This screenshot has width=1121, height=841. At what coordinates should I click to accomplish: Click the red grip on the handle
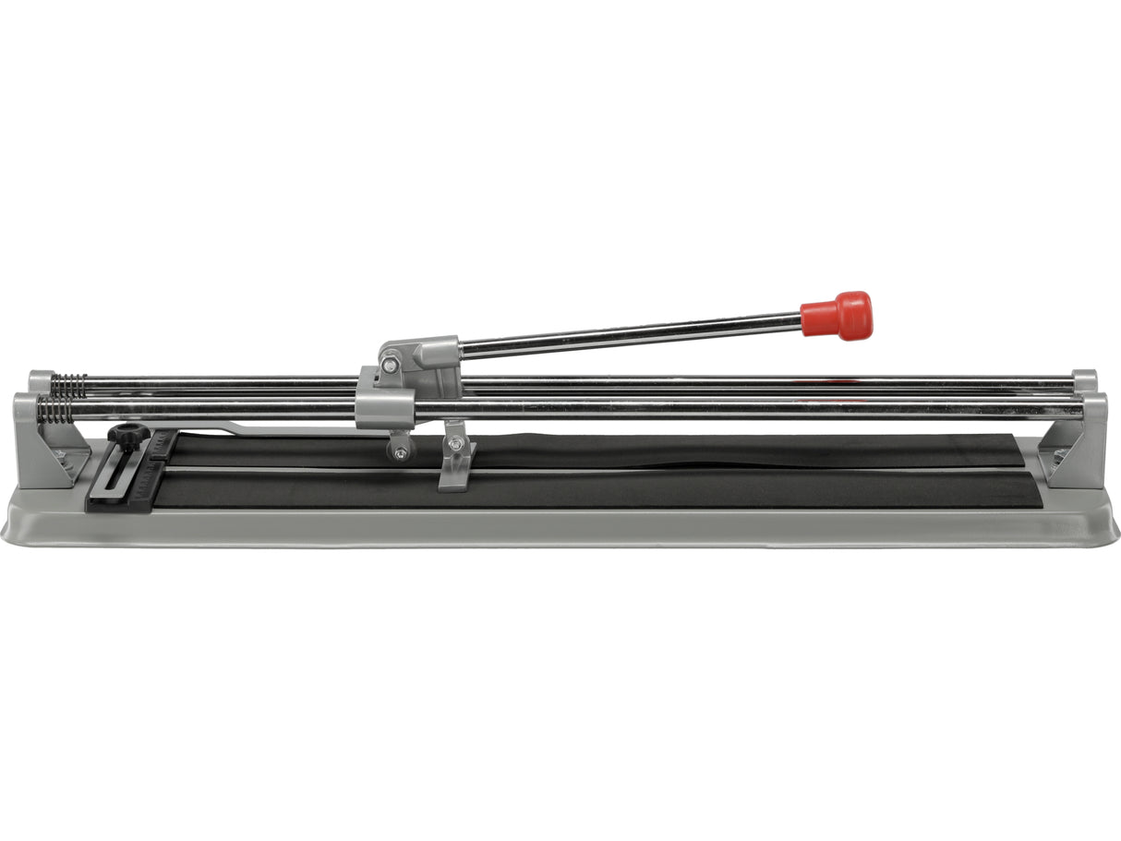coord(836,316)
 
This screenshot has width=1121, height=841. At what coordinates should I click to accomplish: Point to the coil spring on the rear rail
coord(68,384)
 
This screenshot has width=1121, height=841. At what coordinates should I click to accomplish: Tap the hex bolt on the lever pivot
coord(392,366)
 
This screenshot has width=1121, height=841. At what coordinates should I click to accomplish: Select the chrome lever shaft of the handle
coord(628,334)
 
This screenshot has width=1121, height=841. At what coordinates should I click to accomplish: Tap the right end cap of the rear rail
coord(1085,378)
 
